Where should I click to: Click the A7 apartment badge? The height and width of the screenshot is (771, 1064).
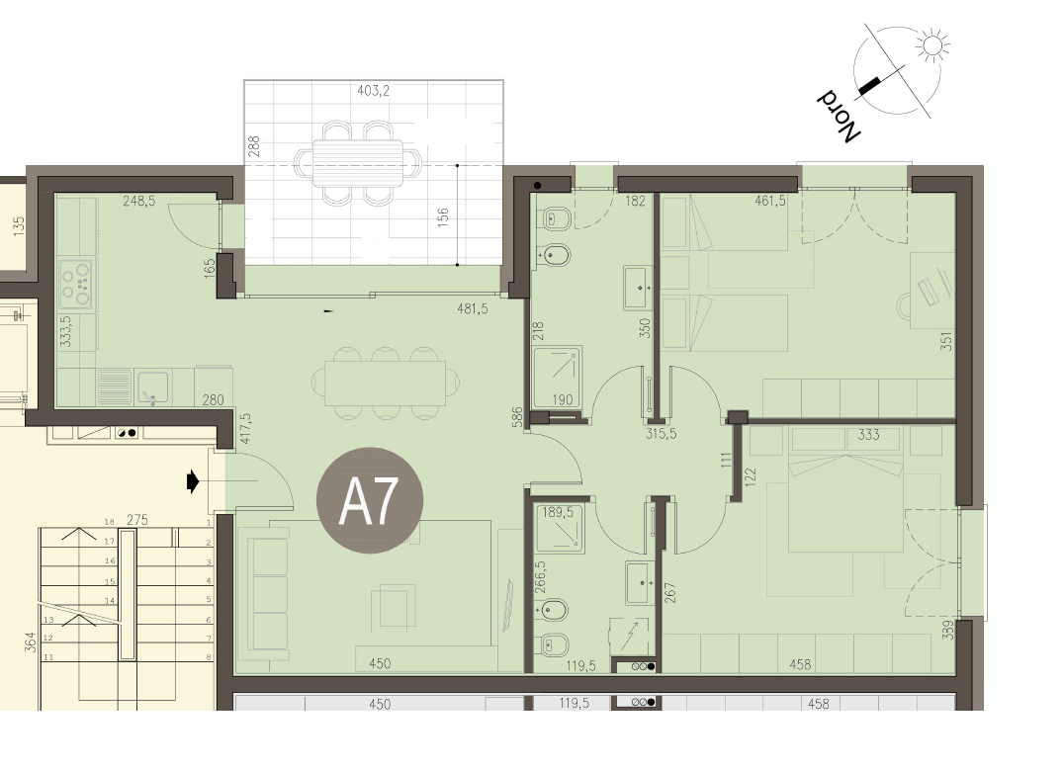pos(370,500)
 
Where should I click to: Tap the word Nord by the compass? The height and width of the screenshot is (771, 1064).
pos(838,116)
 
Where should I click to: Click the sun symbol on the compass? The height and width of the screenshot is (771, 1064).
pos(931,45)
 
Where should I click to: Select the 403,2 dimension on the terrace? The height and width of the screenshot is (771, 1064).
pos(373,90)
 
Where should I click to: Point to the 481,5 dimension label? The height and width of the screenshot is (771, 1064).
pos(473,308)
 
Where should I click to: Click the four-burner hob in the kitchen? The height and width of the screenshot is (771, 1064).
pos(75,285)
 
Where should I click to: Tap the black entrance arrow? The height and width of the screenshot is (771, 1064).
pos(193,482)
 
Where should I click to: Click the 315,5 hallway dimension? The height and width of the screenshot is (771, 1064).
pos(661,433)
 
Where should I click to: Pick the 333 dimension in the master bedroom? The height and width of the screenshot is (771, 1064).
pos(868,435)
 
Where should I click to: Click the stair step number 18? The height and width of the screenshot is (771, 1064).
pos(109,522)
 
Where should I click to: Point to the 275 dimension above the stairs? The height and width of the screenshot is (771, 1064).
pos(137,520)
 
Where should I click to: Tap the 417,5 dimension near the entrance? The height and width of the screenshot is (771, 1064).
pos(245,428)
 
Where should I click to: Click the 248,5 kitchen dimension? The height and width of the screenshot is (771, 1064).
pos(139,201)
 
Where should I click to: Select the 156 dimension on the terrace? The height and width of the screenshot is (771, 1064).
pos(443,217)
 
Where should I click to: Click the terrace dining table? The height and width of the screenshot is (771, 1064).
pos(358,163)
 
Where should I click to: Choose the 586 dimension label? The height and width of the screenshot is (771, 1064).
pos(518,417)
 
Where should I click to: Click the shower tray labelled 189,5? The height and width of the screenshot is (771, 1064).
pos(559,526)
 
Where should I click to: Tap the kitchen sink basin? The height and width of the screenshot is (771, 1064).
pos(152,387)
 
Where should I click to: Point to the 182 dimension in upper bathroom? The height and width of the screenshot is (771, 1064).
pos(635,201)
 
